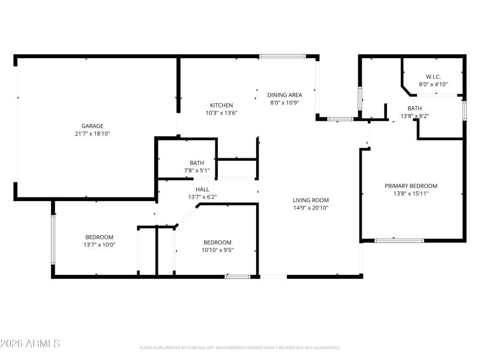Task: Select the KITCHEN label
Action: point(221,105)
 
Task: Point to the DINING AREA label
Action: point(284,95)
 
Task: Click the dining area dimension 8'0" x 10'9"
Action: point(284,103)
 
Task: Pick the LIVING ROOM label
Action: point(311,200)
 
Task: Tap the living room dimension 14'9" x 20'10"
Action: point(311,208)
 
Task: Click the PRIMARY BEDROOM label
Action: point(411,186)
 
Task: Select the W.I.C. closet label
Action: point(433,77)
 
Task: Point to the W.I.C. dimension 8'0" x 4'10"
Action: point(433,85)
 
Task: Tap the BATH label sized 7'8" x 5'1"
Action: point(197,163)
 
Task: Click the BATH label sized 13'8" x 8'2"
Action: point(415,108)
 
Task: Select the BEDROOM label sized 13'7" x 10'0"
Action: point(99,237)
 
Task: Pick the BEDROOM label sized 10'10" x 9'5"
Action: point(217,242)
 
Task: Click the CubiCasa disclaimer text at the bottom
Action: point(240,348)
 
